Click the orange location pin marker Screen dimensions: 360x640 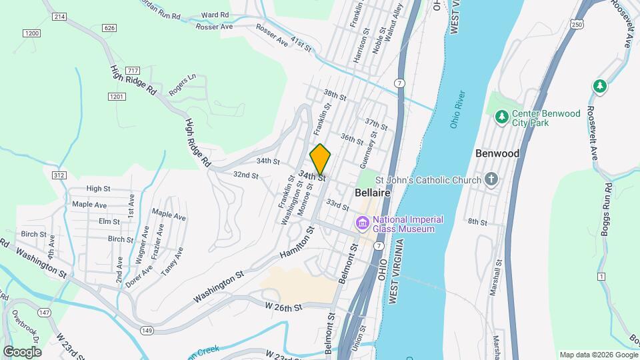pyautogui.click(x=320, y=159)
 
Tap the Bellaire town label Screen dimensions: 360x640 pyautogui.click(x=372, y=192)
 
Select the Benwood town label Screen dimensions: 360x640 pyautogui.click(x=497, y=153)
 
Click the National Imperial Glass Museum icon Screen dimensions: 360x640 pyautogui.click(x=363, y=223)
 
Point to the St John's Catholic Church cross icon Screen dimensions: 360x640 pyautogui.click(x=491, y=179)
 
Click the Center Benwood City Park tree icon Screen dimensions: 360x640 pyautogui.click(x=502, y=117)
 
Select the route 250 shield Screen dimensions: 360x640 pyautogui.click(x=577, y=24)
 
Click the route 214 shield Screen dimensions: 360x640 pyautogui.click(x=59, y=15)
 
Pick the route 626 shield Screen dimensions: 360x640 pyautogui.click(x=110, y=27)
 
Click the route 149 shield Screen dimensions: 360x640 pyautogui.click(x=147, y=329)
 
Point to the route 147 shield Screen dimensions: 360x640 pyautogui.click(x=45, y=312)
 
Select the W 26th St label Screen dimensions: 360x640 pyautogui.click(x=283, y=307)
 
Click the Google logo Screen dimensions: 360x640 pyautogui.click(x=22, y=351)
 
